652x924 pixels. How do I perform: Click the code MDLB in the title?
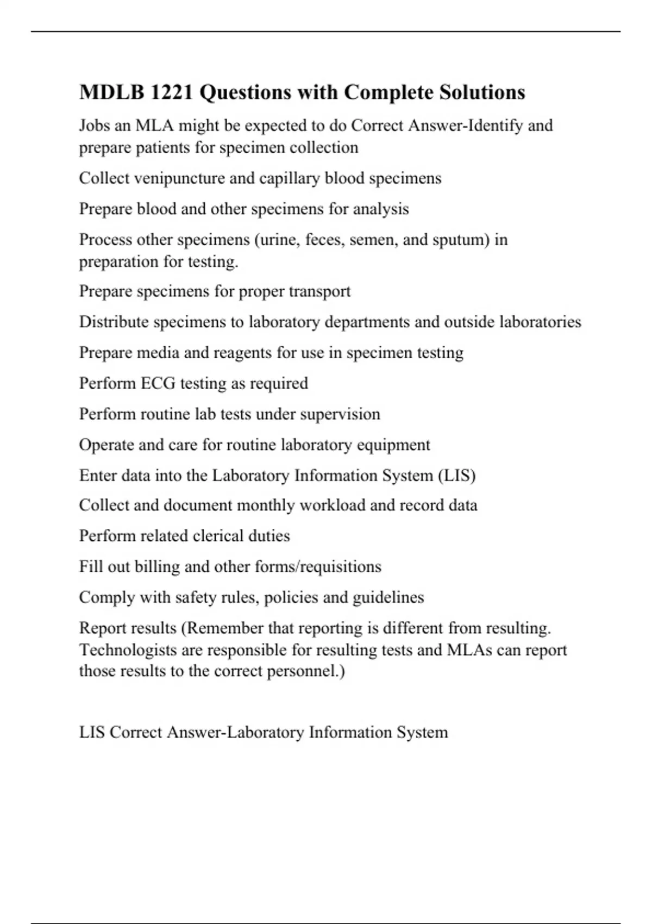(x=111, y=92)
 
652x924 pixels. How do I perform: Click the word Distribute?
(x=114, y=322)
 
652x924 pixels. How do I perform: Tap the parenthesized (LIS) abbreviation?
(x=456, y=476)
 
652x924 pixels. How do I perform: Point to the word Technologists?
(x=128, y=650)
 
